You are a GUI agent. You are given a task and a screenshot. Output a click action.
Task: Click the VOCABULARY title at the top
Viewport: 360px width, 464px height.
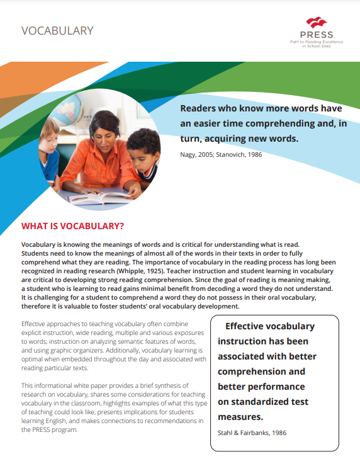tap(57, 30)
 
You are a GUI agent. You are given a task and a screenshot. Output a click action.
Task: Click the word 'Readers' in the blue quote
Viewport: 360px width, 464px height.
tap(201, 108)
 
